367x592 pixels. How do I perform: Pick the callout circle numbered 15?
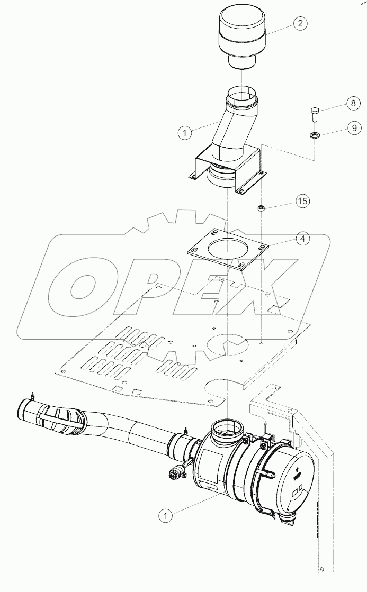pos(302,201)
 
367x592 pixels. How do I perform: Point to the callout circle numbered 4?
pos(302,239)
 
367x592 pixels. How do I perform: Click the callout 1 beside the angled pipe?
pos(184,133)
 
